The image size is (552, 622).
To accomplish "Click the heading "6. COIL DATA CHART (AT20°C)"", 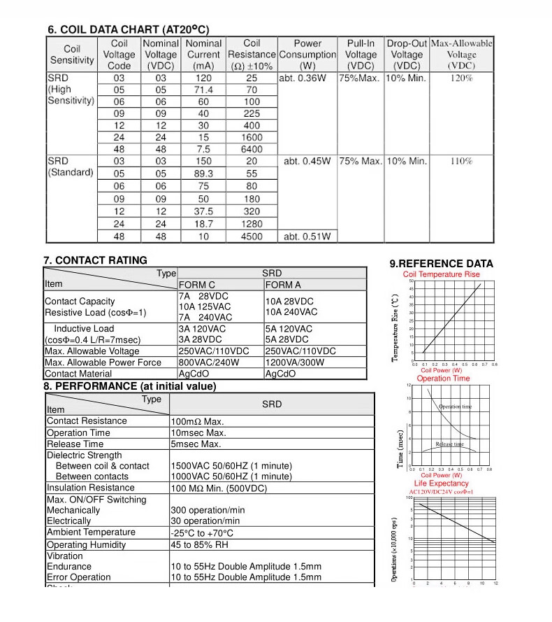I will (128, 30).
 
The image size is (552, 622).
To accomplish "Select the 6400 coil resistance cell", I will (252, 149).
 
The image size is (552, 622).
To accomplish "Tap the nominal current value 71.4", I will (203, 90).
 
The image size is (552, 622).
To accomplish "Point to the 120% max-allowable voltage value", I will (461, 78).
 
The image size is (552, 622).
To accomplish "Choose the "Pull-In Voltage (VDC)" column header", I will (361, 55).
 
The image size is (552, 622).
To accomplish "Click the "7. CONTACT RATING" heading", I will (95, 260).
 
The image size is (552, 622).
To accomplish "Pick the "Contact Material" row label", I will (78, 374).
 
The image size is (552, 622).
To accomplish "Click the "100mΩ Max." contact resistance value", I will (198, 422).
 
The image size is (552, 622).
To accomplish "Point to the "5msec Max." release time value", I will (196, 444).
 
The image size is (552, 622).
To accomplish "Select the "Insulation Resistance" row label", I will (90, 488).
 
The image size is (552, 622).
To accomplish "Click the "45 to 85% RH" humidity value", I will (201, 545).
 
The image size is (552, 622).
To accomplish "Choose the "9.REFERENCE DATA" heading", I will (441, 264).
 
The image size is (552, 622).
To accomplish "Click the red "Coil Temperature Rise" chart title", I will (442, 274).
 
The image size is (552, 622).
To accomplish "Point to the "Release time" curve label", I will (449, 444).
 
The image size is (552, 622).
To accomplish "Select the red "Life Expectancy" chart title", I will (442, 483).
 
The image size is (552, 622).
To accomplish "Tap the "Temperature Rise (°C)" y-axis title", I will (395, 327).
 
